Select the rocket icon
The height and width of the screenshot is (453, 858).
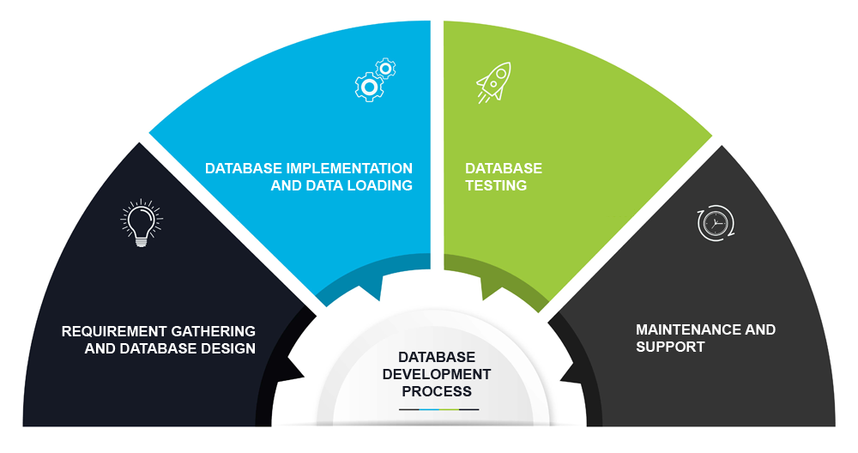[493, 82]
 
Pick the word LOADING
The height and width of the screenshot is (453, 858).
[375, 185]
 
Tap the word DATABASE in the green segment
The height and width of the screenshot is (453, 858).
[504, 168]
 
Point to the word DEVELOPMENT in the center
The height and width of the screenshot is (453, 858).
[437, 374]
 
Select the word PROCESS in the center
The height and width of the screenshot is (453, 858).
[437, 391]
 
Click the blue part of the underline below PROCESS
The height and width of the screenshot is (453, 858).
[429, 410]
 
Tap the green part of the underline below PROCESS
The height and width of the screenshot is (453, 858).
[449, 410]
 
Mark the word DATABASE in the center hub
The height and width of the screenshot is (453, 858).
[437, 357]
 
